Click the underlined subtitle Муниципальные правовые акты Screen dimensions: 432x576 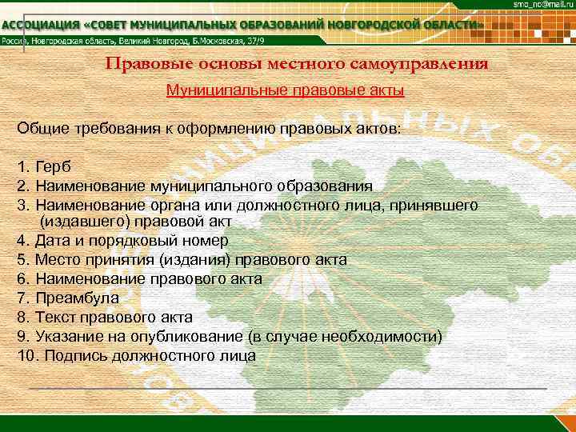[284, 90]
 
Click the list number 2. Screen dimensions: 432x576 [22, 186]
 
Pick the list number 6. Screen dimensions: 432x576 [22, 278]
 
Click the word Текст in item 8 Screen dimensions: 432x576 [57, 317]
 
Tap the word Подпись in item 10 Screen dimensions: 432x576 [79, 355]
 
